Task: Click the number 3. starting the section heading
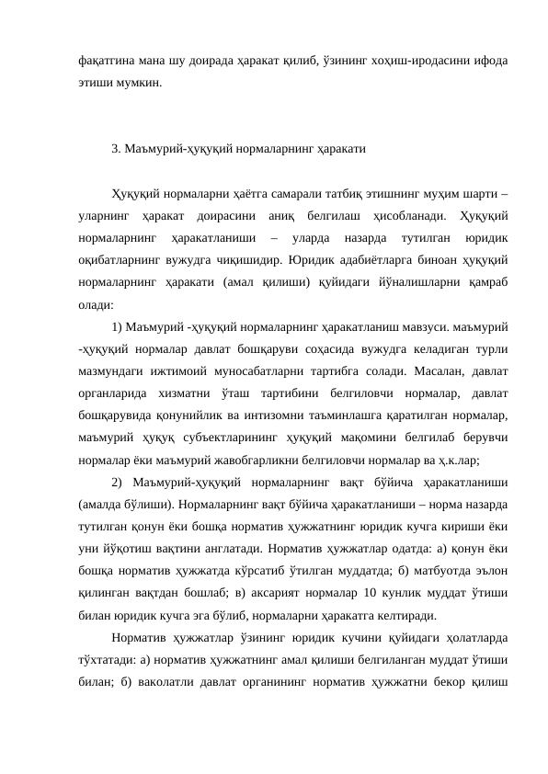116,147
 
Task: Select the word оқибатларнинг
119,258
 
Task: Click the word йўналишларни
411,281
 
